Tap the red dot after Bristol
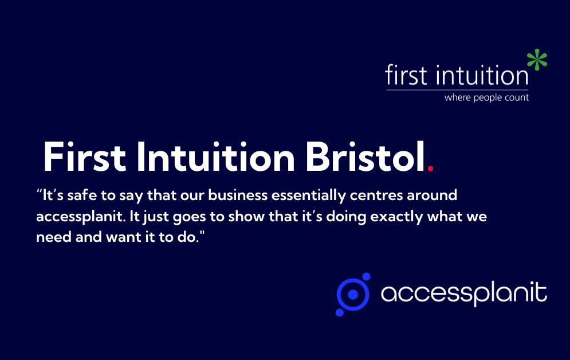pyautogui.click(x=431, y=168)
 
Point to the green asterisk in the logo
pyautogui.click(x=537, y=60)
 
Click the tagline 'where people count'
pyautogui.click(x=486, y=97)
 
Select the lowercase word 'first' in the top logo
pyautogui.click(x=407, y=75)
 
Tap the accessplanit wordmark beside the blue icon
pyautogui.click(x=463, y=294)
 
